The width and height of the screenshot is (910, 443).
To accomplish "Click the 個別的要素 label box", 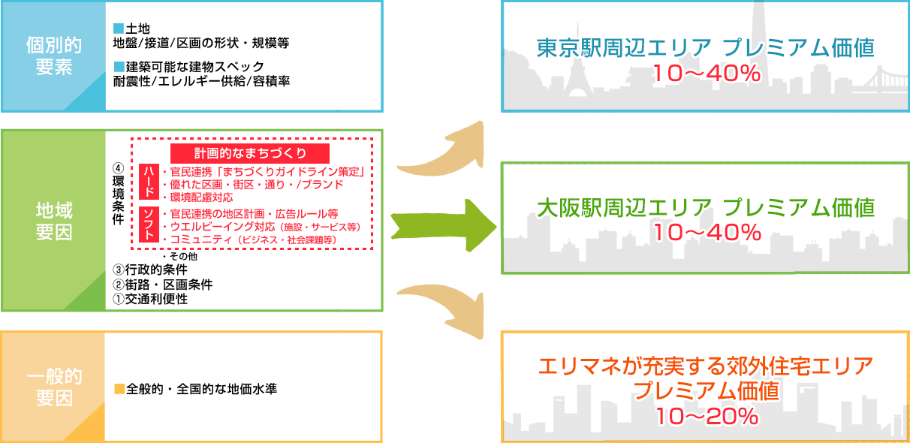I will (x=54, y=56).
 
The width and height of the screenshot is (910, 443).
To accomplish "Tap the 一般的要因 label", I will (x=54, y=387).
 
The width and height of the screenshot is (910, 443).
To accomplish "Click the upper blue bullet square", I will (x=118, y=29).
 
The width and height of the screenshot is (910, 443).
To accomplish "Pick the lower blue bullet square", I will (x=118, y=67).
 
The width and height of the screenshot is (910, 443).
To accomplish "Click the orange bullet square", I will (x=119, y=389).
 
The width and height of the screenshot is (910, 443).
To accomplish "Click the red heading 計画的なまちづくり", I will (x=250, y=154).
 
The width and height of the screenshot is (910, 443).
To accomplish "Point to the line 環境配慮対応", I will (x=197, y=196).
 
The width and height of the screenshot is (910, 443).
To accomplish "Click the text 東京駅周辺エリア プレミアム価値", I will (x=705, y=49).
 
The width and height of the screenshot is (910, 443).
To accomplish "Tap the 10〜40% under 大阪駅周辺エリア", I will (x=707, y=233).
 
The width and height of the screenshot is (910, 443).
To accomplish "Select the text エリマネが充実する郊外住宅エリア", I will (x=707, y=368).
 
